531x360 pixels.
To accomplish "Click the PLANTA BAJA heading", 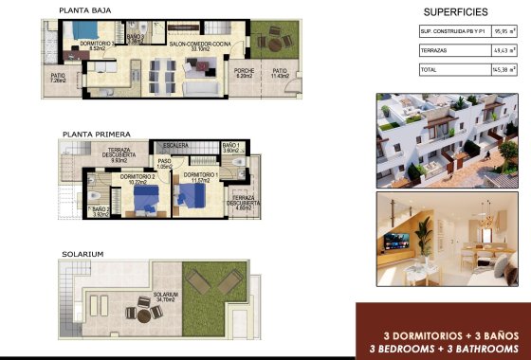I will (x=86, y=11).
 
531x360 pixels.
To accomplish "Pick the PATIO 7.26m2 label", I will (x=58, y=79).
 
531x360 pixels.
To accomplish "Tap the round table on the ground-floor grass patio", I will (x=276, y=41).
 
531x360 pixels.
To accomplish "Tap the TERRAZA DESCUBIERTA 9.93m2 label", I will (x=124, y=155).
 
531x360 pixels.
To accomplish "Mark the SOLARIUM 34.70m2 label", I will (x=167, y=297).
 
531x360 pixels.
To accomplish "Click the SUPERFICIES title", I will (x=455, y=12).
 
